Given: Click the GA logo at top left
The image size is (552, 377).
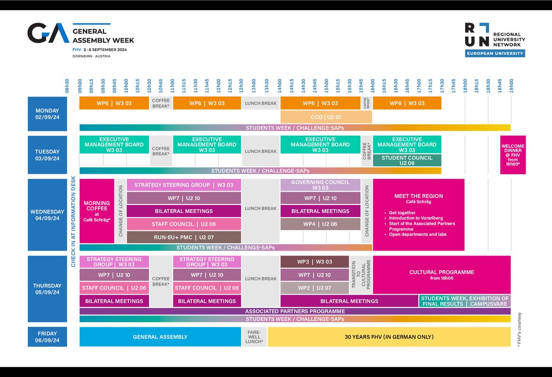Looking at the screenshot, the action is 48,33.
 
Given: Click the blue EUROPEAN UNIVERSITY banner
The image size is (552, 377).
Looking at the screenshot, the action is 495,53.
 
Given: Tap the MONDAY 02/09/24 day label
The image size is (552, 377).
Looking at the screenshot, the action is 47,114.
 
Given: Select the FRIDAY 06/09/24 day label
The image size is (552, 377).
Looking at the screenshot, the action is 47,337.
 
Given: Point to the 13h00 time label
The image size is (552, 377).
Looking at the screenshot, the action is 254,86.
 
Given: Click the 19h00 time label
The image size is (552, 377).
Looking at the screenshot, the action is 512,86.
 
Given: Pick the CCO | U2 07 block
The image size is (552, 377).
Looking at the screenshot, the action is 326,117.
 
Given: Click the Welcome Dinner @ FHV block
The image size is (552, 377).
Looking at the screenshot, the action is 513,155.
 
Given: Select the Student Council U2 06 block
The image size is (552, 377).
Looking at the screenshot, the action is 407,160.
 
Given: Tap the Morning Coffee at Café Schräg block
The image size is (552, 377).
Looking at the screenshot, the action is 97,211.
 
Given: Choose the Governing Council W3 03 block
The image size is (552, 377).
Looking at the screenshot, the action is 320,185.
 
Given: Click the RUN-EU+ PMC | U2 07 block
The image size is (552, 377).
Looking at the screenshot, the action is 184,237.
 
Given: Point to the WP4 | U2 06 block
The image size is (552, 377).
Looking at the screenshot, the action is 320,224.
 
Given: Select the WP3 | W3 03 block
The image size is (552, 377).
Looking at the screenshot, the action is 315,262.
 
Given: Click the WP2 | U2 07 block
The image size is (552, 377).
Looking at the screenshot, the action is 315,288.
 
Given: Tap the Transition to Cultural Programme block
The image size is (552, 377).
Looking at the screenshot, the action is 361,275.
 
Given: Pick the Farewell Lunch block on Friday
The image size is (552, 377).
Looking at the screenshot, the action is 254,337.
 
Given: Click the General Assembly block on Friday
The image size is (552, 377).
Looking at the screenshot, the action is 160,337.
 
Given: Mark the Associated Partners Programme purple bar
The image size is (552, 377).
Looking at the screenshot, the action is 295,311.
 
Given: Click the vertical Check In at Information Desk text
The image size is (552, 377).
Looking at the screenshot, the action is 73,222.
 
